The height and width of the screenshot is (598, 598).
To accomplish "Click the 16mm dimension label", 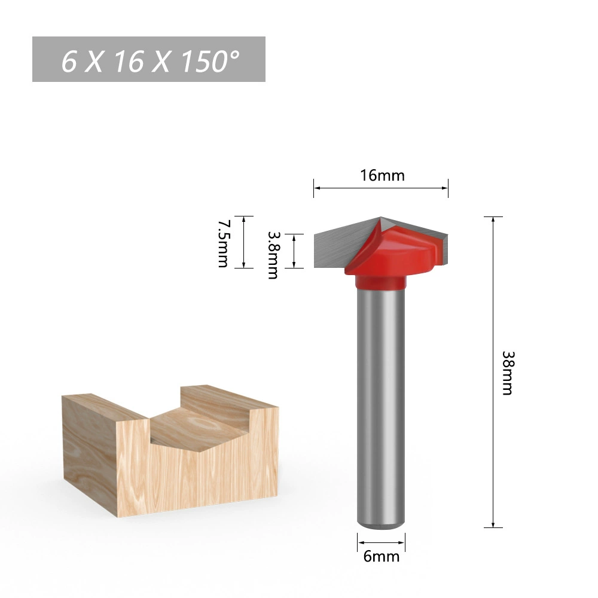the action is pyautogui.click(x=383, y=175).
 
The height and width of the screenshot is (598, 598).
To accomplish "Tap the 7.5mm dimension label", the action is pyautogui.click(x=223, y=243).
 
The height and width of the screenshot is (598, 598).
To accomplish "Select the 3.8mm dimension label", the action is pyautogui.click(x=273, y=255).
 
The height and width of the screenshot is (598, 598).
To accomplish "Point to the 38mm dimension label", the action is pyautogui.click(x=508, y=373).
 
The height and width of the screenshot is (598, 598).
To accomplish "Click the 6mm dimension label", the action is pyautogui.click(x=382, y=556).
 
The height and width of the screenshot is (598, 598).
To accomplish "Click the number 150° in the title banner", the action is pyautogui.click(x=210, y=61).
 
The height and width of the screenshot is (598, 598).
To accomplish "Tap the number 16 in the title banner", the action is pyautogui.click(x=129, y=61).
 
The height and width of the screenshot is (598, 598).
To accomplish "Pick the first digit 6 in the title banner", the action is pyautogui.click(x=69, y=61).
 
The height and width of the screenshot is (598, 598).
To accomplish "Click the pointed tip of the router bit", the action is pyautogui.click(x=380, y=218).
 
